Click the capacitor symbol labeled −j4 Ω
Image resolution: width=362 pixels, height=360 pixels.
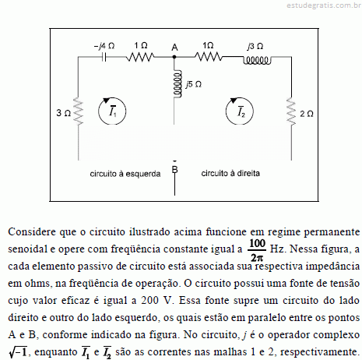pos(104,57)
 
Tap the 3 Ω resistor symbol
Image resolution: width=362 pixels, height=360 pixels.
pos(79,111)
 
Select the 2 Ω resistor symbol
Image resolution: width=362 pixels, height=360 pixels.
pos(291,111)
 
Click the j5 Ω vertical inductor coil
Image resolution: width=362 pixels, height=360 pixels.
pos(177,84)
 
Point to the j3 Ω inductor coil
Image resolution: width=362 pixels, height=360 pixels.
pos(257,61)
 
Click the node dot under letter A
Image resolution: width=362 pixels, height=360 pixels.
pos(174,57)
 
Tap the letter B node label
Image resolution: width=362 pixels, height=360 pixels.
pos(174,169)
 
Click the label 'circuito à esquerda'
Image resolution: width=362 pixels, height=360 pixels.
pos(125,174)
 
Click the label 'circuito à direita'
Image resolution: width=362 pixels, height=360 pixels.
pos(230,173)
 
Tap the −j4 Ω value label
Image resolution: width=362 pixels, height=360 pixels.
pos(104,46)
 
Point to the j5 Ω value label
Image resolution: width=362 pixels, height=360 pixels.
pos(194,84)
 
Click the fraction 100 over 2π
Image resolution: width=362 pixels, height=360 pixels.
pos(257,250)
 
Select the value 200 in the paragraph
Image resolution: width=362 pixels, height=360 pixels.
pos(149,300)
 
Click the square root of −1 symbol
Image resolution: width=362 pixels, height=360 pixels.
pos(18,352)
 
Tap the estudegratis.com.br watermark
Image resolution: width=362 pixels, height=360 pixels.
pos(324,5)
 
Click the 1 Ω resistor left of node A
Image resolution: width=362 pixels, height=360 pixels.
pos(140,57)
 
